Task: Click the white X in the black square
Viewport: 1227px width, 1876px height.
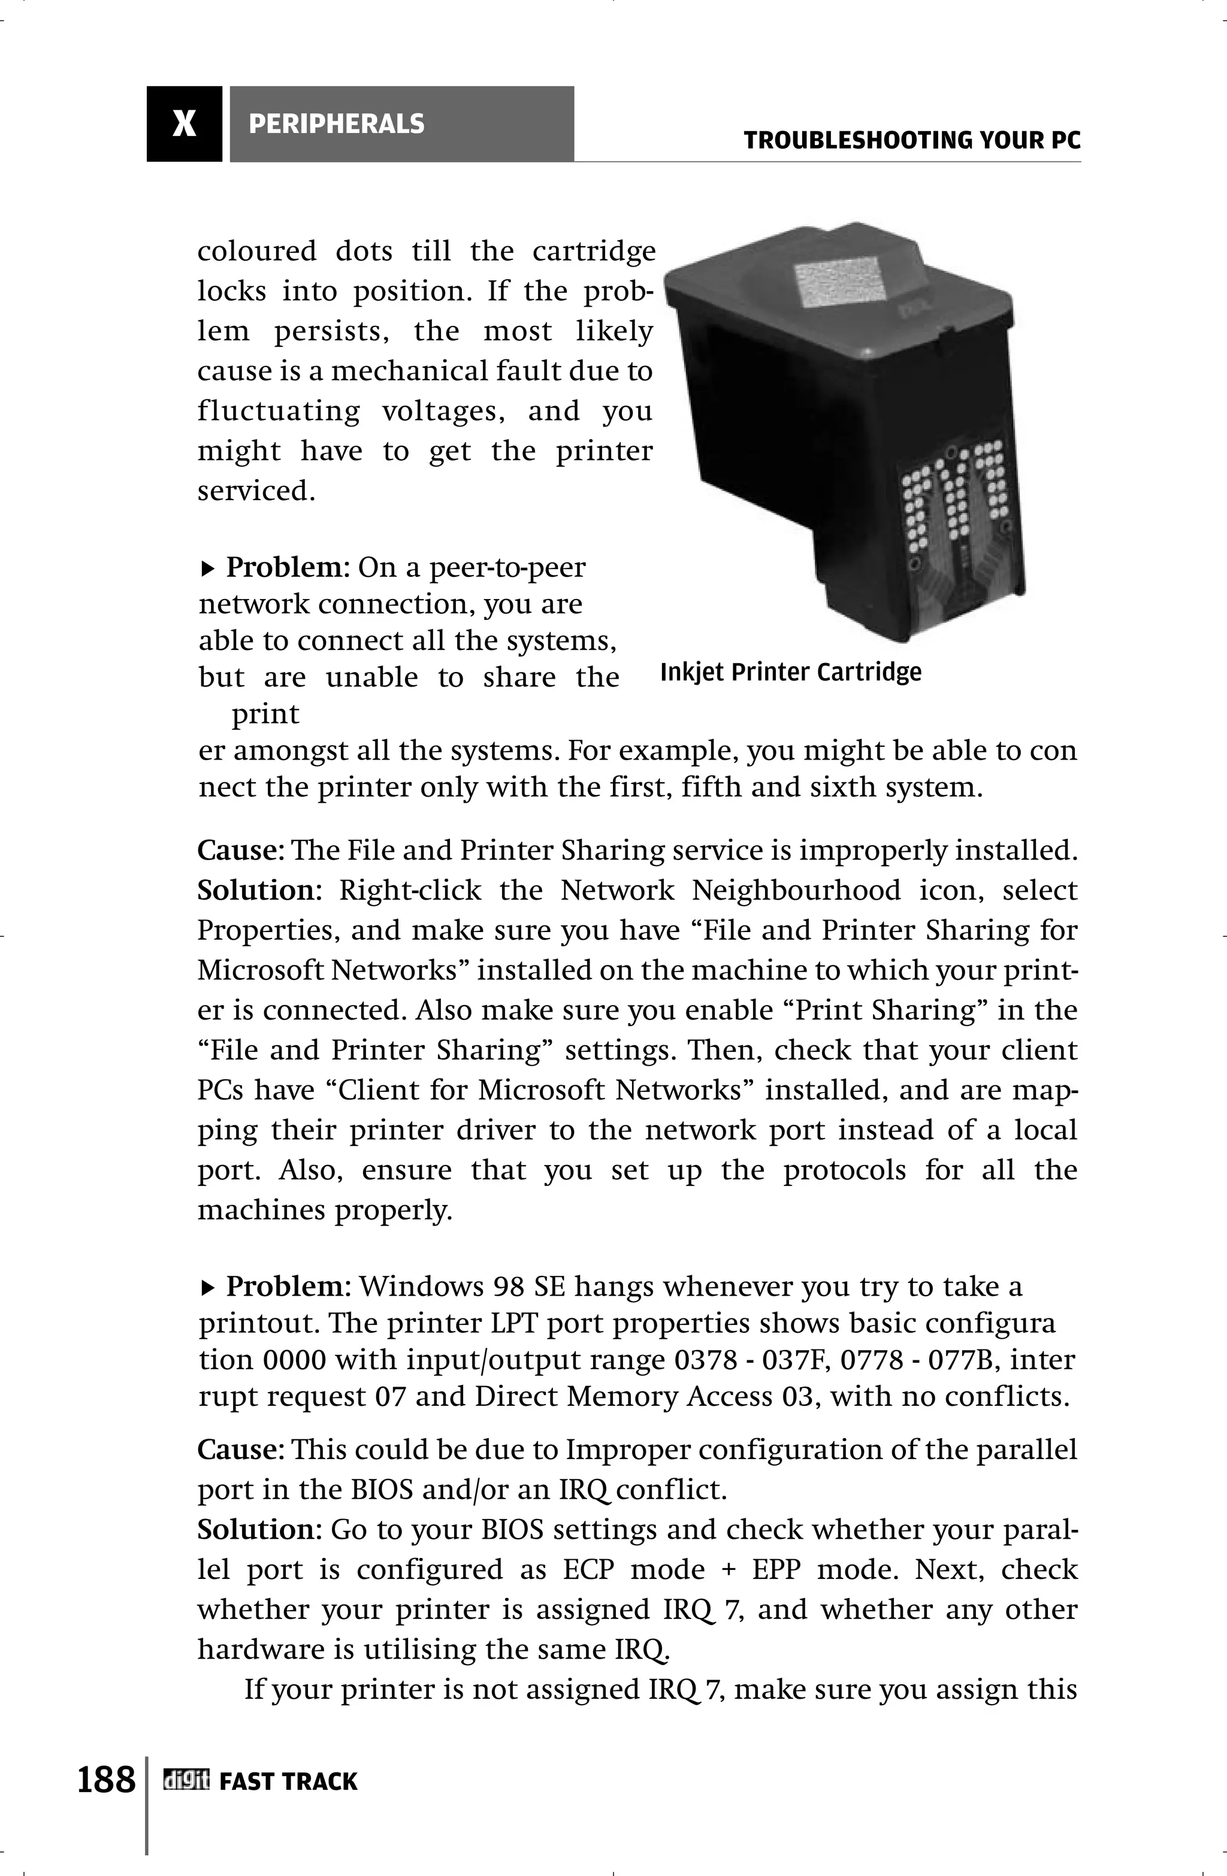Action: point(184,124)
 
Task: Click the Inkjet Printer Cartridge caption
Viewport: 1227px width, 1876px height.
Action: point(790,673)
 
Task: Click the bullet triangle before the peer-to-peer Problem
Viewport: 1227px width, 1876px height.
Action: point(207,567)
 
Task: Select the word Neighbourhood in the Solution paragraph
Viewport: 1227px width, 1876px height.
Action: point(796,891)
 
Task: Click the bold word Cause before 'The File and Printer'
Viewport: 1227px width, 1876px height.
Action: point(239,851)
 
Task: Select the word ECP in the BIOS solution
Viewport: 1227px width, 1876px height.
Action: point(588,1570)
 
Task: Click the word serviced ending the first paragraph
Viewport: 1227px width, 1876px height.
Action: point(255,491)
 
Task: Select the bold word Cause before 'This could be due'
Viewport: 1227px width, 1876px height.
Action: point(239,1450)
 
